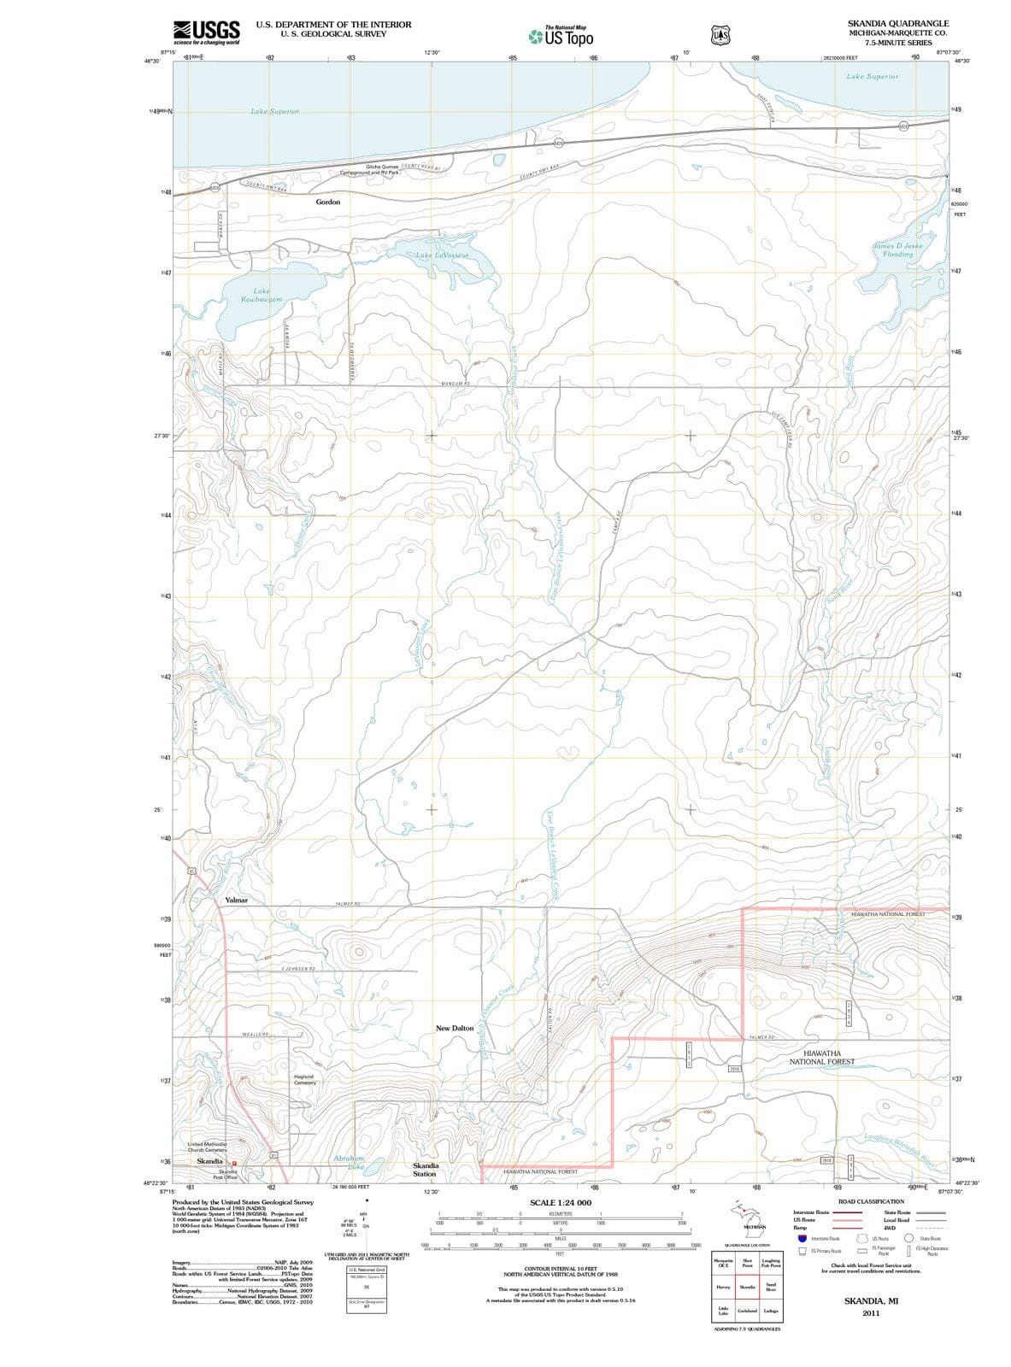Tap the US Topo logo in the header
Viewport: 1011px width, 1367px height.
pyautogui.click(x=560, y=37)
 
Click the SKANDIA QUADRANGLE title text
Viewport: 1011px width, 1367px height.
pyautogui.click(x=897, y=23)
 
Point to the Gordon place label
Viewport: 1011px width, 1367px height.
pyautogui.click(x=328, y=202)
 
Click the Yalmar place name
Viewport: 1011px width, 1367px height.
pyautogui.click(x=236, y=901)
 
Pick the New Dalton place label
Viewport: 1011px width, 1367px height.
pyautogui.click(x=455, y=1028)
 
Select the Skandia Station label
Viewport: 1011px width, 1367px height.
pyautogui.click(x=426, y=1170)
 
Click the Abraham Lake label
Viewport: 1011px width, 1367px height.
pyautogui.click(x=350, y=1162)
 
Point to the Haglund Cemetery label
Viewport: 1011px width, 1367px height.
pyautogui.click(x=304, y=1080)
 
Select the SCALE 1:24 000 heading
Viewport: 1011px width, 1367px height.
pyautogui.click(x=561, y=1203)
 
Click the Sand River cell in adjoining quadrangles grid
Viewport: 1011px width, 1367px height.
pyautogui.click(x=771, y=1287)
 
